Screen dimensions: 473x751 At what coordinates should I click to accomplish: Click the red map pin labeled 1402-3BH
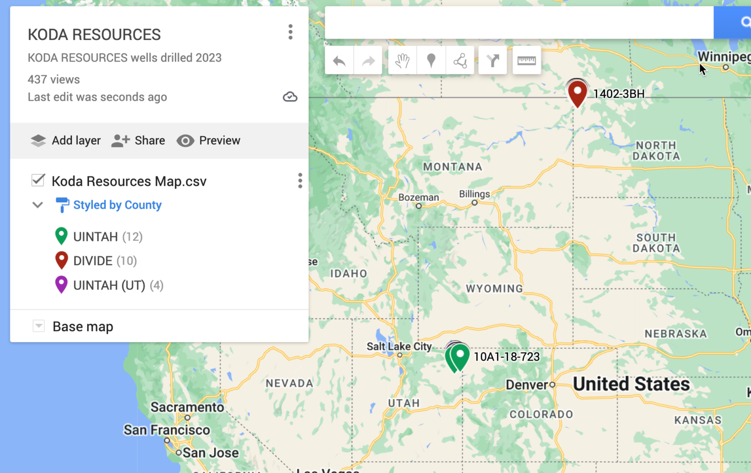(x=577, y=92)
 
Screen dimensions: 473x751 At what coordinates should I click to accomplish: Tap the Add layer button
(x=66, y=141)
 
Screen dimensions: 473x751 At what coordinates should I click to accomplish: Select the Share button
(x=138, y=141)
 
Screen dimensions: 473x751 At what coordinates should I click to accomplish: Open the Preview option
(x=209, y=141)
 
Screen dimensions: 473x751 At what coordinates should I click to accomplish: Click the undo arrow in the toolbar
(x=339, y=61)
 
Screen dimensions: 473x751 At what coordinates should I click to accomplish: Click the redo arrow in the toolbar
(x=368, y=61)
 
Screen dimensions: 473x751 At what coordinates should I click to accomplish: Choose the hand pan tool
(x=402, y=61)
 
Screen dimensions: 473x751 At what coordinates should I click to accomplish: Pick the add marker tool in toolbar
(x=431, y=61)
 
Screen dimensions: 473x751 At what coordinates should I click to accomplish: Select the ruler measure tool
(x=527, y=61)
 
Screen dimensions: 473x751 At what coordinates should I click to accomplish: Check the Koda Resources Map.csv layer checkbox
(x=38, y=180)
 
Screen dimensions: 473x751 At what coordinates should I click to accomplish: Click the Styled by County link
(x=117, y=205)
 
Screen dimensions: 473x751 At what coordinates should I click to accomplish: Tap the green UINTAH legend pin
(x=61, y=236)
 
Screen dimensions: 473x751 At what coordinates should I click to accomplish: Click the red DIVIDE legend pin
(x=61, y=260)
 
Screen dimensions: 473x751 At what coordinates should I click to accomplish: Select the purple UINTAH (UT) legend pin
(x=61, y=284)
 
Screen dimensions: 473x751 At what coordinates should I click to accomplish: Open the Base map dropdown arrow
(x=39, y=326)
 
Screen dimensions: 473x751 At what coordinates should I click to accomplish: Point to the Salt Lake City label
(x=399, y=346)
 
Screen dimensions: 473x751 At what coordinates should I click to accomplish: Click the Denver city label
(x=527, y=385)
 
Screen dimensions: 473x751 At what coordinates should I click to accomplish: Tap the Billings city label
(x=474, y=194)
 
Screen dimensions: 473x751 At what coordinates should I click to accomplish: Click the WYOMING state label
(x=494, y=289)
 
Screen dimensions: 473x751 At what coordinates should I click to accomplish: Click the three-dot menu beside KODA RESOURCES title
(x=290, y=32)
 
